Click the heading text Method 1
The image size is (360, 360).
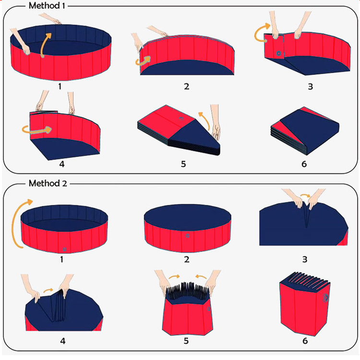48,6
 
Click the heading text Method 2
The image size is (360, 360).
48,183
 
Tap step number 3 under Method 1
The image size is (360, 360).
310,87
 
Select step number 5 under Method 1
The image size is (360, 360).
183,164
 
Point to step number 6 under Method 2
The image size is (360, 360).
305,341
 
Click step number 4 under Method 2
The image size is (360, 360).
62,341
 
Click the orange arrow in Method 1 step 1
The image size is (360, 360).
44,45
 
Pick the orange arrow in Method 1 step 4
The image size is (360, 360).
36,129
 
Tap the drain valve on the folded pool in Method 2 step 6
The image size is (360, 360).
326,298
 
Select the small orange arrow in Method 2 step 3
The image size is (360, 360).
304,196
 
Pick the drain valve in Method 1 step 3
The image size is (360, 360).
279,53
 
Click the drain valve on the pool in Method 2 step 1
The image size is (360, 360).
64,249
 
